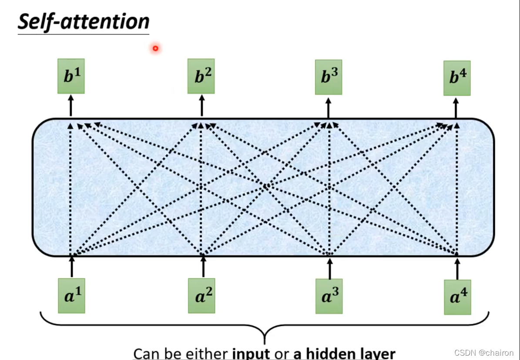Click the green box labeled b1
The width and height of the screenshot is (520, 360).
click(70, 76)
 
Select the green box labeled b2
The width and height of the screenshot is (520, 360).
click(201, 77)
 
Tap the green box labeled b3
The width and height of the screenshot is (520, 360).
click(329, 77)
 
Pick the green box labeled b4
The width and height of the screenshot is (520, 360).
click(457, 78)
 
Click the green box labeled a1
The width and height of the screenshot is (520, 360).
click(71, 296)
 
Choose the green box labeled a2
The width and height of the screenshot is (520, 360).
click(201, 296)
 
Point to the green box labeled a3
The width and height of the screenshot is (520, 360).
click(329, 296)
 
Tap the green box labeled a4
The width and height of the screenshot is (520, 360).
click(457, 297)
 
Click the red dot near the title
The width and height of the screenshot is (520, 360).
click(155, 48)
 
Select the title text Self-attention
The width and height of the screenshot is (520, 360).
click(84, 21)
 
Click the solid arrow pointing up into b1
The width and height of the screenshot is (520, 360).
click(70, 106)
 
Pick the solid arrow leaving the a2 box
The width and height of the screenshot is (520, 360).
click(203, 266)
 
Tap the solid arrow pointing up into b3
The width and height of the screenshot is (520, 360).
click(328, 107)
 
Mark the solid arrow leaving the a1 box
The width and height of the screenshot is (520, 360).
click(72, 266)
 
